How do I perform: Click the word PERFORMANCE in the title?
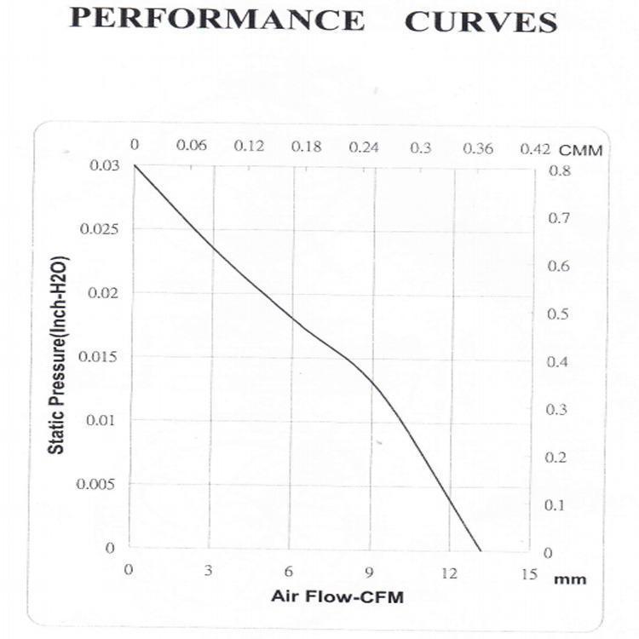216,19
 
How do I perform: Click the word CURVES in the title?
481,20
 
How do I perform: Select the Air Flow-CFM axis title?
337,596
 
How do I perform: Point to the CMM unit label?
581,150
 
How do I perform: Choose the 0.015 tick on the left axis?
97,356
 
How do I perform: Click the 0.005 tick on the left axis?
97,484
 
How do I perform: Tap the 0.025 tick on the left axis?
97,229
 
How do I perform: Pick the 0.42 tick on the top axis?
535,147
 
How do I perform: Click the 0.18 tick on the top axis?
306,147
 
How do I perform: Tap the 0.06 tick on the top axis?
192,146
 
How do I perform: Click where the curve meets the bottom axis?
481,550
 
